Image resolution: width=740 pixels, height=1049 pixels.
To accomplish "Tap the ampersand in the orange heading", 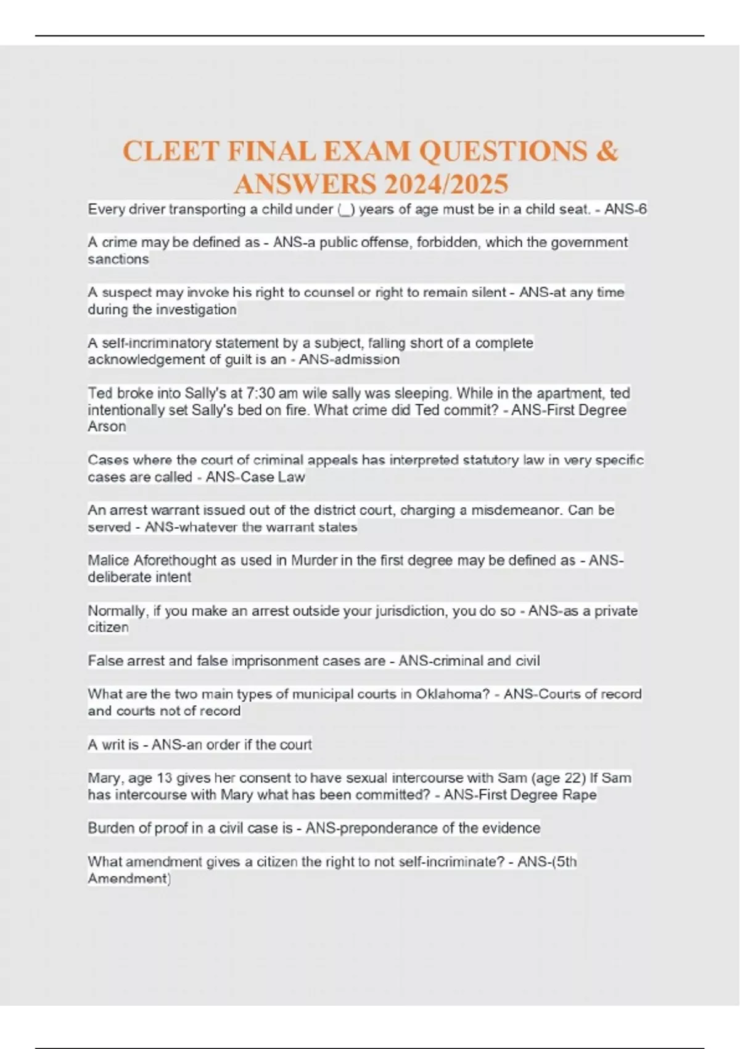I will tap(607, 152).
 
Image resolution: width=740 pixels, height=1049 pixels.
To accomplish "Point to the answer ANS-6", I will tap(625, 209).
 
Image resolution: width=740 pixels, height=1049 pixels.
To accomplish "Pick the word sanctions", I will tap(118, 259).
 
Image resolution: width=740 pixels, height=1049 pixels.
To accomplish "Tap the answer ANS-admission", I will tap(349, 360).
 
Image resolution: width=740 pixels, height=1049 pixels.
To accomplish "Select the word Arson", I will tap(107, 426).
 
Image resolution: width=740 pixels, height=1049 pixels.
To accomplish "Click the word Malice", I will tap(109, 560).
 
